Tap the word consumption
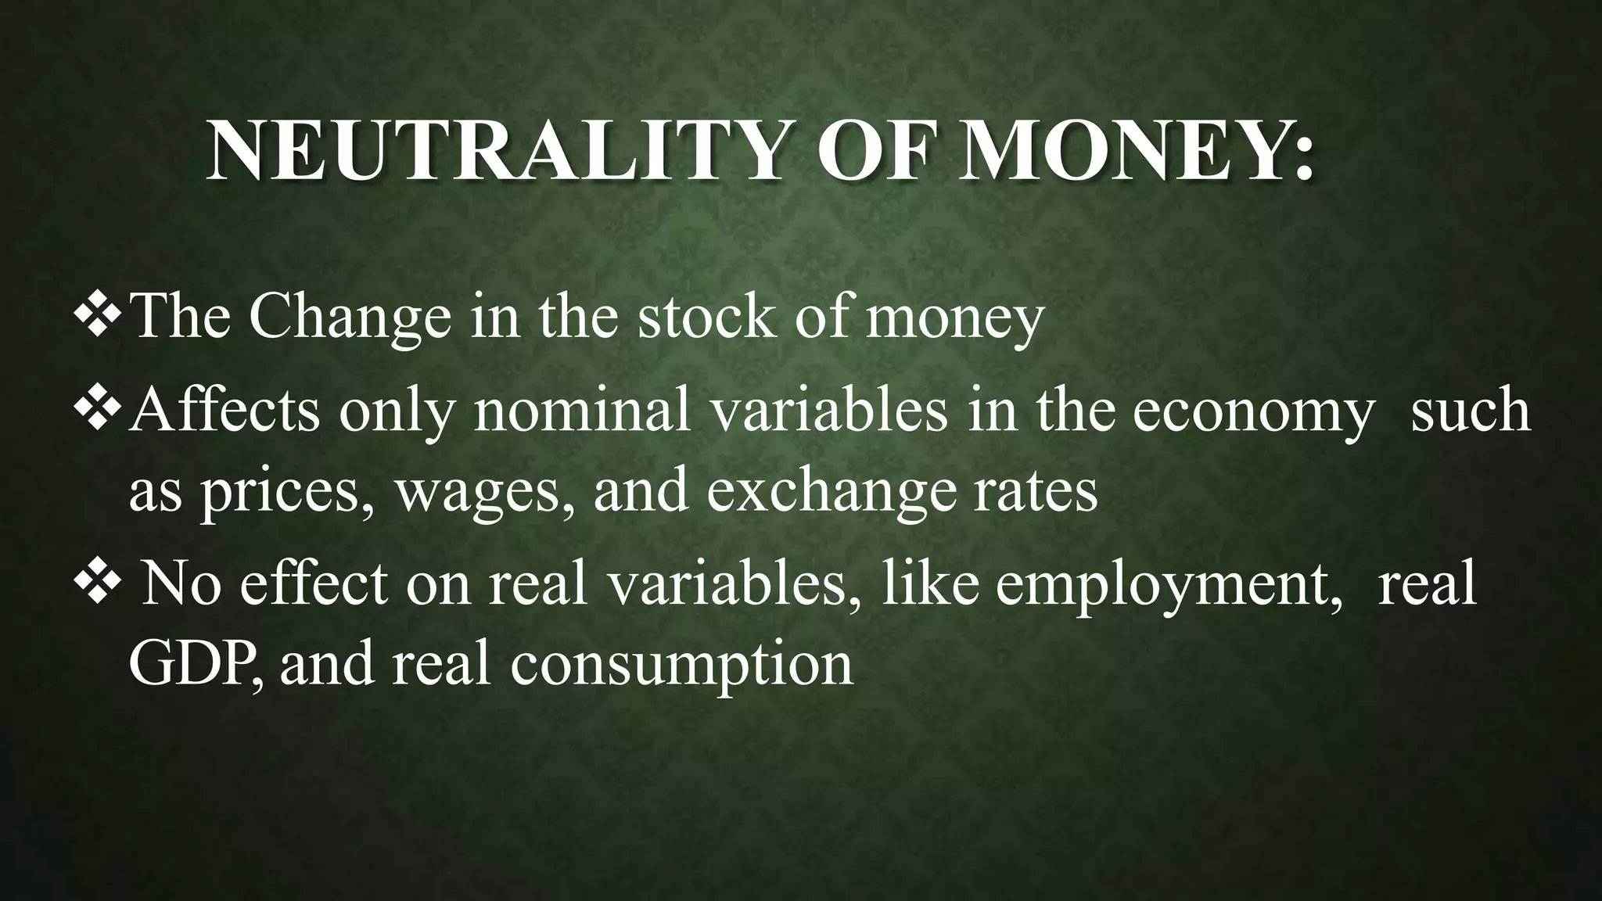pos(681,667)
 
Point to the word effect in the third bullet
pos(313,583)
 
